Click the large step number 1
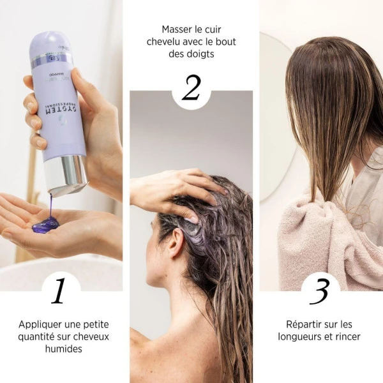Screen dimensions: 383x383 [x=59, y=290]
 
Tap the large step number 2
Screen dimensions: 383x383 [x=191, y=87]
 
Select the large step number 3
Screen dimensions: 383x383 [x=319, y=290]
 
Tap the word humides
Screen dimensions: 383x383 [x=63, y=349]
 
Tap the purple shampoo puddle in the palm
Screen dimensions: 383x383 [x=47, y=224]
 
